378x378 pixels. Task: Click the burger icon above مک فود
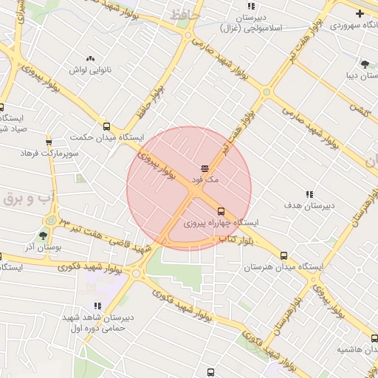pos(205,169)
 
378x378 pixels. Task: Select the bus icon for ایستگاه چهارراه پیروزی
pos(220,211)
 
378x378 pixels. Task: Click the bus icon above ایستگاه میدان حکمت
pos(106,126)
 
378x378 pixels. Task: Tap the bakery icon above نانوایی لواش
pos(90,58)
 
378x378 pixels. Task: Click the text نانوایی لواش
pos(90,69)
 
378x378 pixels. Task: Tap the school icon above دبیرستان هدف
pos(309,194)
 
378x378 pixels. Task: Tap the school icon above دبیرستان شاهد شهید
pos(97,306)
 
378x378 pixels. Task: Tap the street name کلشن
pos(360,109)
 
